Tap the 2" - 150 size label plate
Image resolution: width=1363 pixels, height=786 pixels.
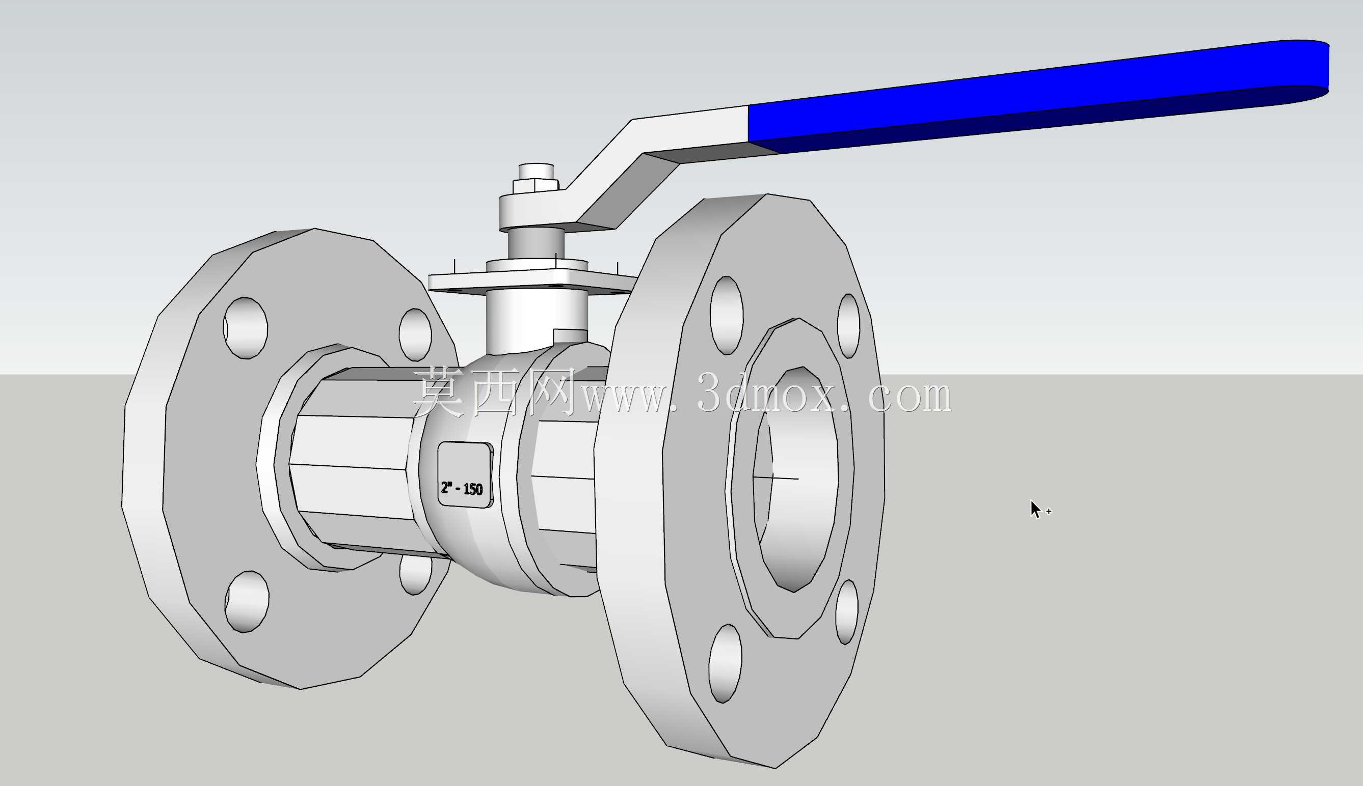[x=465, y=475]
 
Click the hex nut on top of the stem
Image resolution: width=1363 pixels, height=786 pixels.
[x=536, y=186]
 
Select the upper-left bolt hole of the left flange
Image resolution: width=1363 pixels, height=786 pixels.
[x=245, y=328]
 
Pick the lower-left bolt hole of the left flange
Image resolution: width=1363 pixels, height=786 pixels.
[x=246, y=601]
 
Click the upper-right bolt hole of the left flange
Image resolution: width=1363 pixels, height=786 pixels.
[x=415, y=334]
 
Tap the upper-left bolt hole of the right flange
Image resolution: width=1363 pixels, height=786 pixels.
[x=726, y=315]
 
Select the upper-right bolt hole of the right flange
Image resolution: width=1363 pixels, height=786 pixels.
[x=848, y=325]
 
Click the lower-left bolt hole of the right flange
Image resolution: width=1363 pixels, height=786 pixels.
[x=725, y=663]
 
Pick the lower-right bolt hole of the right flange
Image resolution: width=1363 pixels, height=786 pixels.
[x=846, y=611]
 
